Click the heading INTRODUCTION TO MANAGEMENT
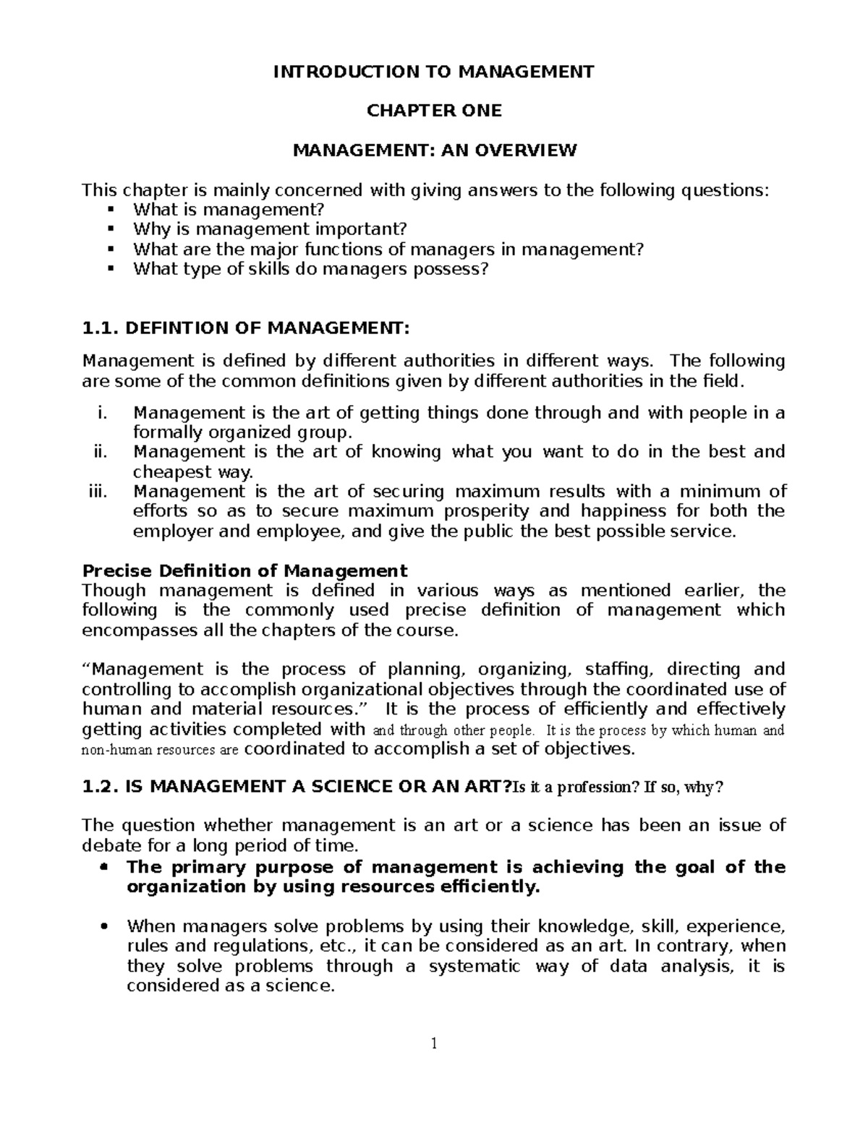click(433, 72)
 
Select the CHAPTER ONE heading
click(433, 111)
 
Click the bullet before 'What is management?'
click(110, 210)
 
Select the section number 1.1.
click(101, 329)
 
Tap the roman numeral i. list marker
click(101, 413)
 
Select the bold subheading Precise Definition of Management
click(245, 571)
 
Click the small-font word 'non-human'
click(113, 750)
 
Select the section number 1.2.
click(101, 787)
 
